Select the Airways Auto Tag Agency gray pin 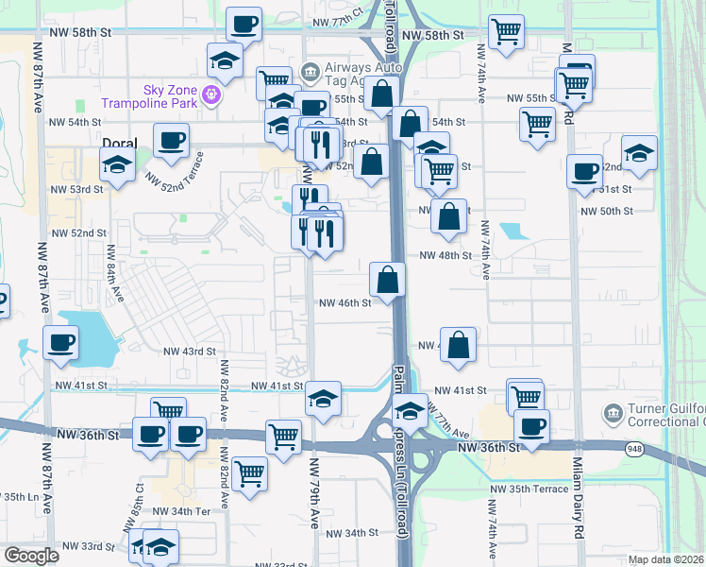point(309,72)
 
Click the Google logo point(30,556)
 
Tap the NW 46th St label point(345,303)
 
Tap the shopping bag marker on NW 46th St point(387,279)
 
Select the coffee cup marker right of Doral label point(171,140)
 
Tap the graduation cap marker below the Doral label point(117,165)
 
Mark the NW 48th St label point(445,255)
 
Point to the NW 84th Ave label point(115,274)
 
